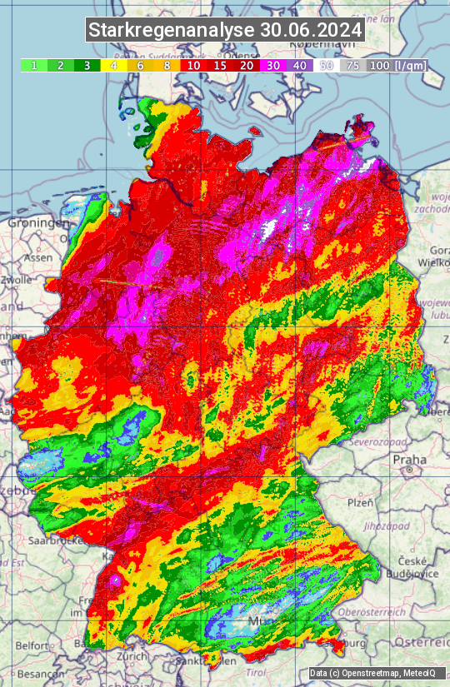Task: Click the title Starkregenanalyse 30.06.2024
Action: click(225, 30)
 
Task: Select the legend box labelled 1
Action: click(33, 65)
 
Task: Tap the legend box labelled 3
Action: click(87, 65)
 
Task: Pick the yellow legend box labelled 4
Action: click(113, 65)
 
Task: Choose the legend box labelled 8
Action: click(167, 65)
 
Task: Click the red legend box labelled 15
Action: click(220, 65)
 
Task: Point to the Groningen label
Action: click(37, 223)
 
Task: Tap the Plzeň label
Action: click(359, 503)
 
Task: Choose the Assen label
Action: click(37, 258)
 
